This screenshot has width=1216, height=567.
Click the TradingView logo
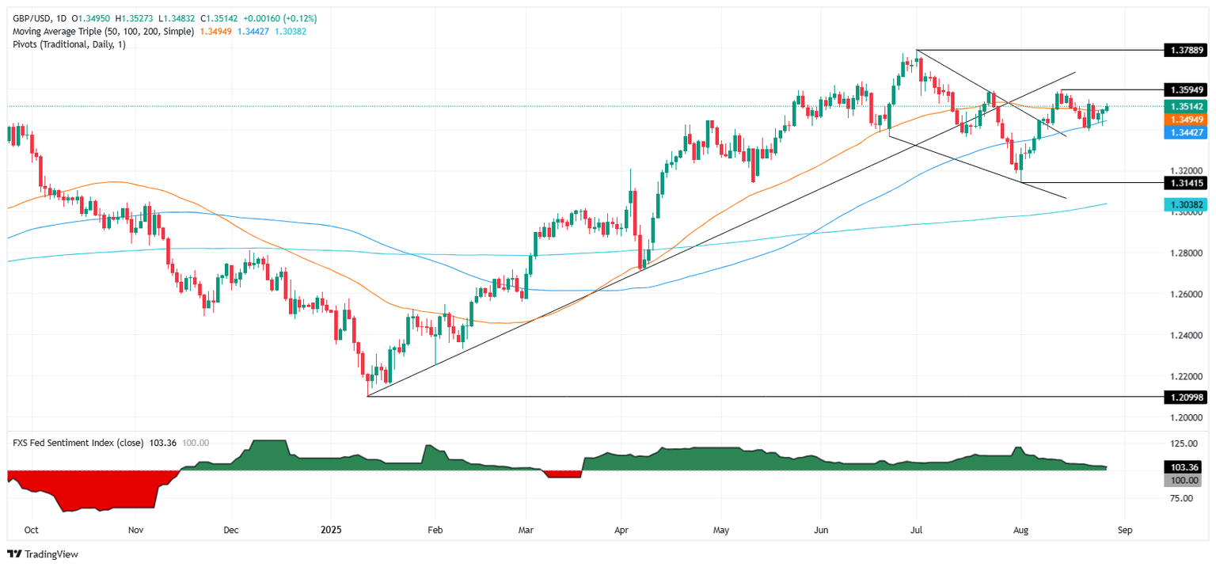click(44, 554)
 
